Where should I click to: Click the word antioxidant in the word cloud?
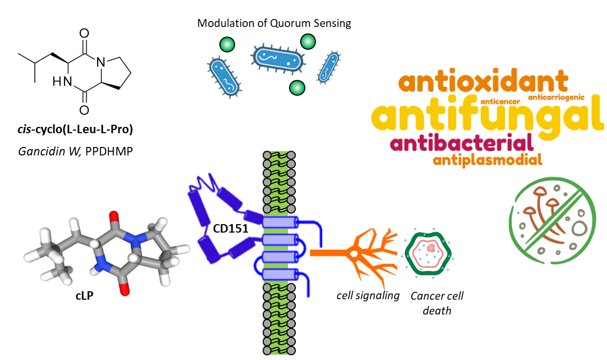[483, 82]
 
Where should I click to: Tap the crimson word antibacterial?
[460, 143]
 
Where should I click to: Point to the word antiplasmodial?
[487, 160]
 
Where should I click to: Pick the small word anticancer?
[500, 99]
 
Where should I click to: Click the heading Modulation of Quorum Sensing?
[274, 23]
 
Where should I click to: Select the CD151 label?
[230, 230]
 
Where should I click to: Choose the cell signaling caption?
[368, 296]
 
